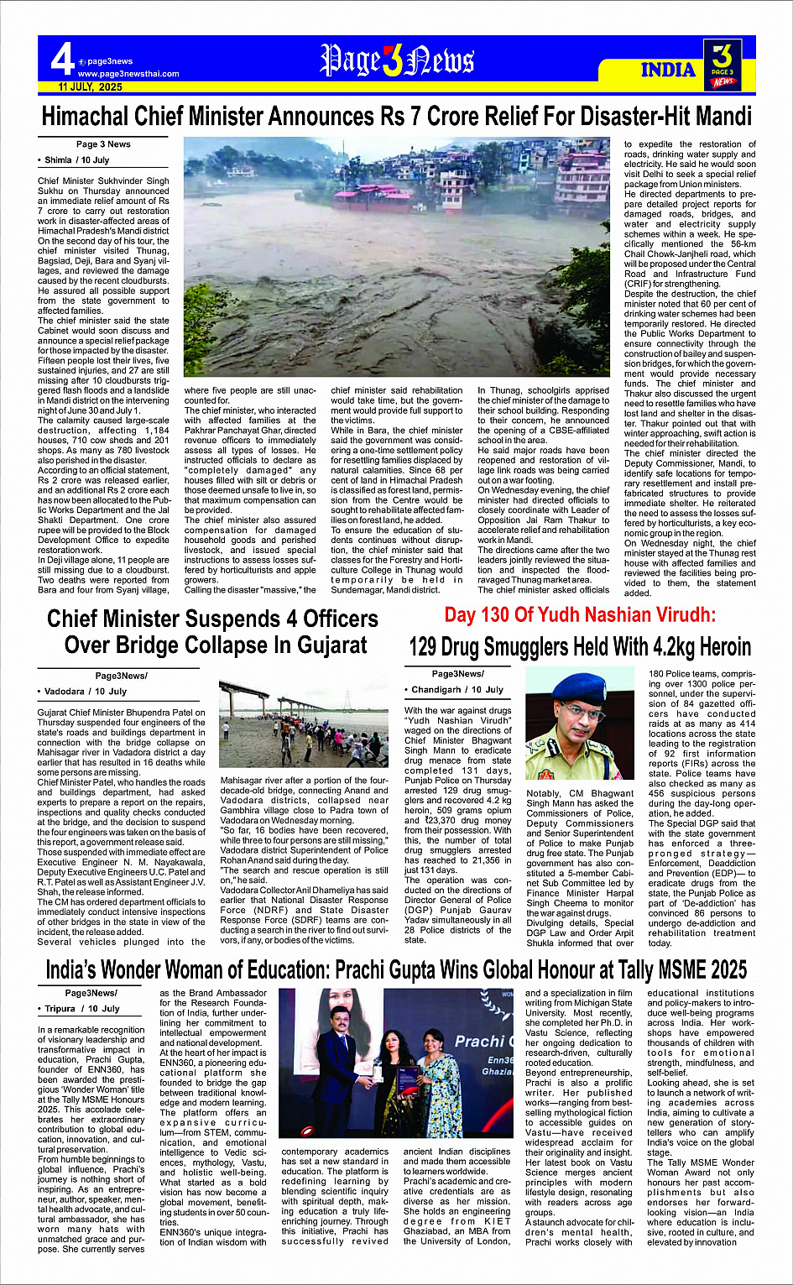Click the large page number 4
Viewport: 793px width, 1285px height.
coord(61,60)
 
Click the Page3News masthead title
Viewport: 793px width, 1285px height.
coord(397,60)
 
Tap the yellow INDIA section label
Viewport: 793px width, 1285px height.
coord(668,70)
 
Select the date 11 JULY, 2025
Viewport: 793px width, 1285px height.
coord(90,87)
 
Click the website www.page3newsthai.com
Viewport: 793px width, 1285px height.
coord(128,74)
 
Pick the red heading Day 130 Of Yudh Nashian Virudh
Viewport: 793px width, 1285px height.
coord(580,615)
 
